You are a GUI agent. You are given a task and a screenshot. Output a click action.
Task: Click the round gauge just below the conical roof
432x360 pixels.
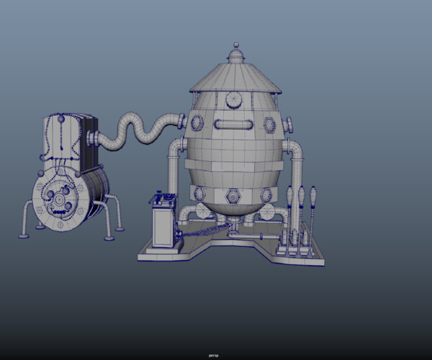coord(234,99)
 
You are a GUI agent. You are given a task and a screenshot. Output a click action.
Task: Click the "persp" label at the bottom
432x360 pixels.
coord(213,355)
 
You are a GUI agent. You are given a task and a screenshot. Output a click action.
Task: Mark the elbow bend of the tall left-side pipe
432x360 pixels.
coord(174,148)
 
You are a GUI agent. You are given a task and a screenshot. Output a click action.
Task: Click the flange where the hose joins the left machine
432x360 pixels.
coord(95,138)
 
